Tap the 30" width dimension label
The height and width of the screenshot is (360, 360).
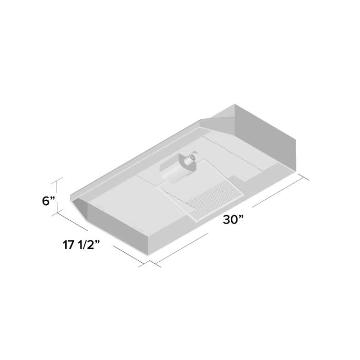233,220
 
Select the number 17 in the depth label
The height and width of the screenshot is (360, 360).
68,246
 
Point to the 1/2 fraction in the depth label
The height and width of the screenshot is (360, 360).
87,246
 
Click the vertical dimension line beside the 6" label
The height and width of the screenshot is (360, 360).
60,195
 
